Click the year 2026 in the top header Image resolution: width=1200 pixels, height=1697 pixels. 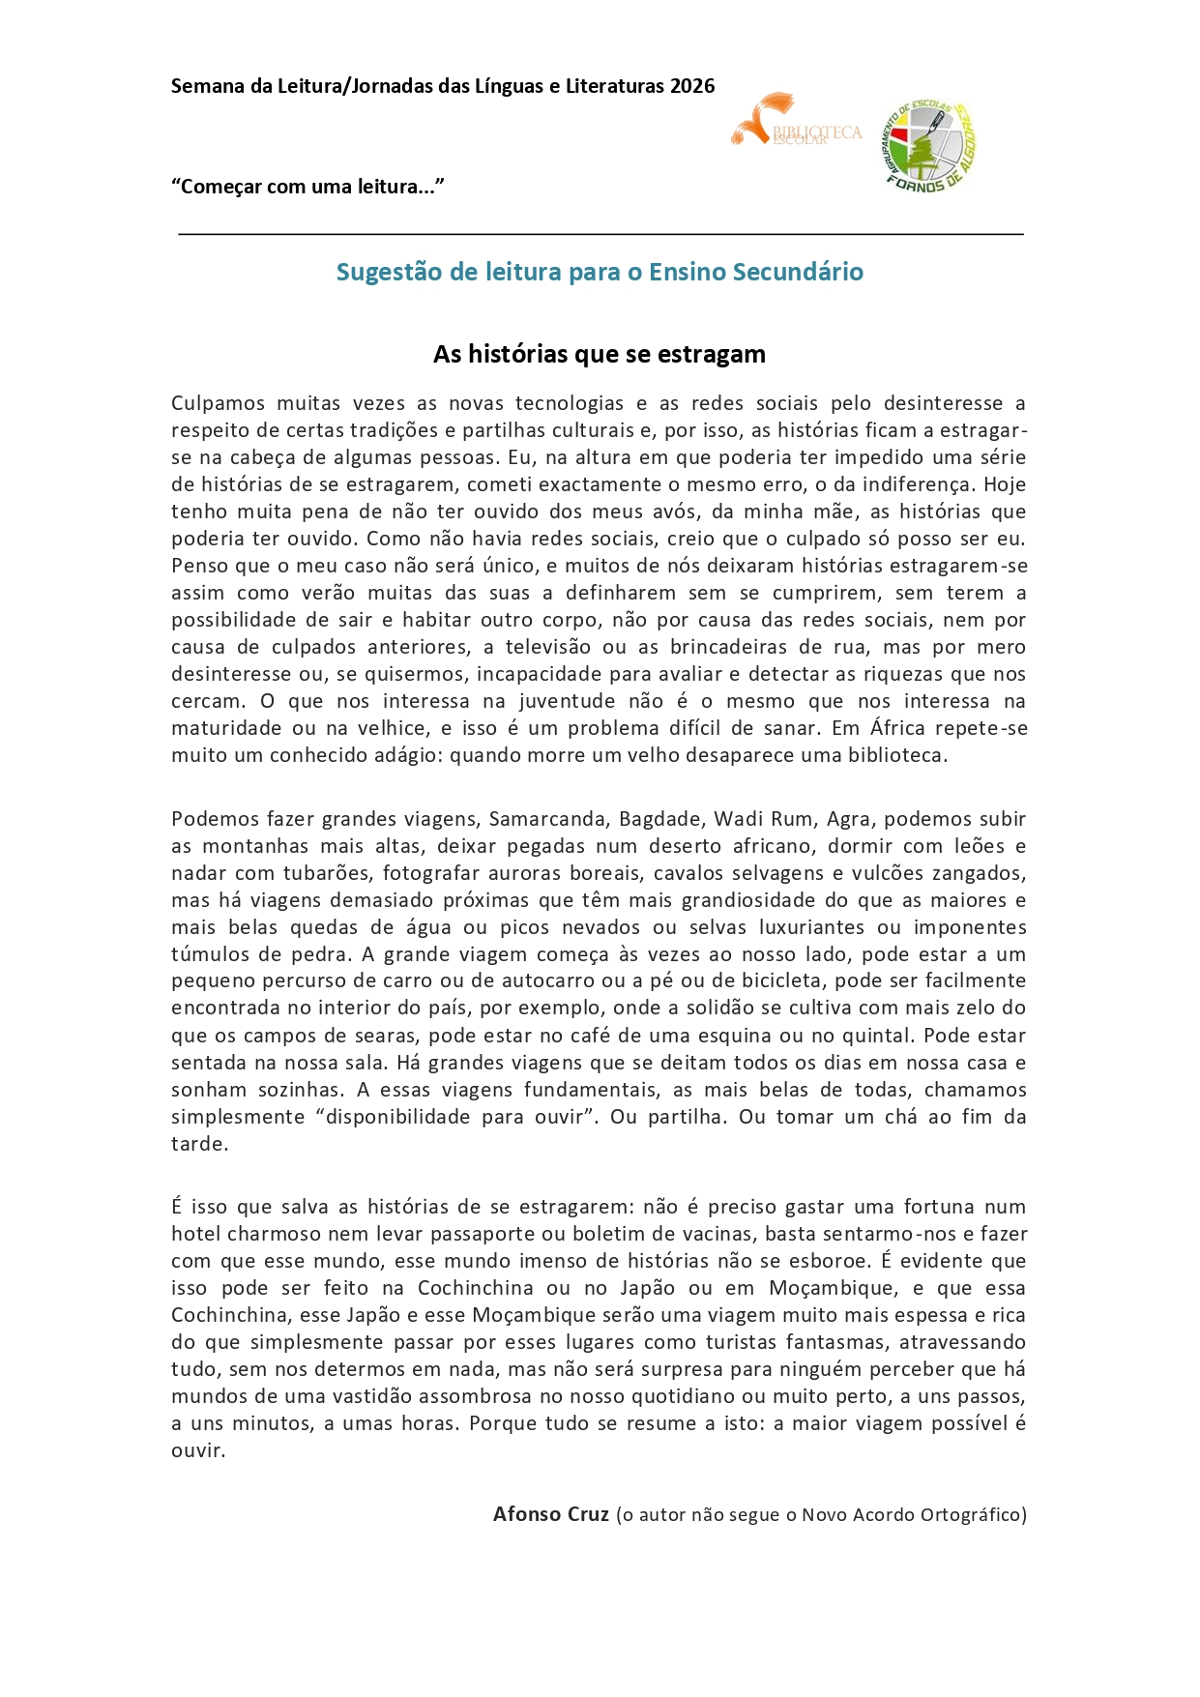pyautogui.click(x=692, y=86)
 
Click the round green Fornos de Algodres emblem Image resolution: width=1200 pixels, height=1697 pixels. pyautogui.click(x=929, y=146)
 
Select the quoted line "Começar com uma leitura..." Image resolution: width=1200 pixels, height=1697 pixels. pyautogui.click(x=307, y=187)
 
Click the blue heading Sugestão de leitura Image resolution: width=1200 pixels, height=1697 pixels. pyautogui.click(x=600, y=272)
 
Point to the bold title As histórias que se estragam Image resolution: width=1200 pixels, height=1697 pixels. pyautogui.click(x=600, y=354)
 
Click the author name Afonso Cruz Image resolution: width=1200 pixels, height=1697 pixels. pyautogui.click(x=551, y=1514)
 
